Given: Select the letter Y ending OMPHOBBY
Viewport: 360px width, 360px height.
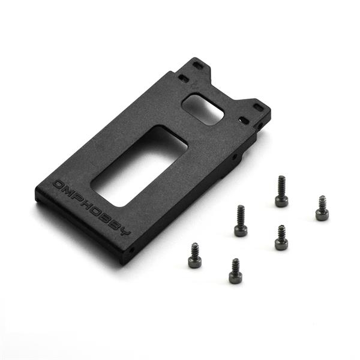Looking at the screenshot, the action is pyautogui.click(x=125, y=232).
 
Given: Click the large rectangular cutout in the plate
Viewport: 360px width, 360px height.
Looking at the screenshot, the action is pyautogui.click(x=139, y=166).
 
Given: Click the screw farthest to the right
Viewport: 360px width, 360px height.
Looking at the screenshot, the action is pyautogui.click(x=322, y=208).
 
